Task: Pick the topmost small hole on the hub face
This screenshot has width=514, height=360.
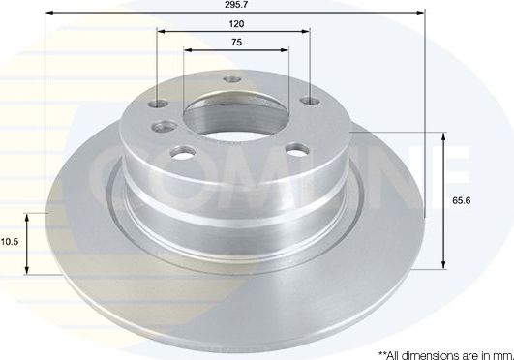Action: pos(230,79)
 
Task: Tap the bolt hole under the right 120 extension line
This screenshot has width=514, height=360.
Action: pos(308,100)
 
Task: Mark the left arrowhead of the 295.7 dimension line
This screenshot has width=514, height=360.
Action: pos(49,13)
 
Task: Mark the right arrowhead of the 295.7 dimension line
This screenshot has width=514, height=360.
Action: pos(422,13)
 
